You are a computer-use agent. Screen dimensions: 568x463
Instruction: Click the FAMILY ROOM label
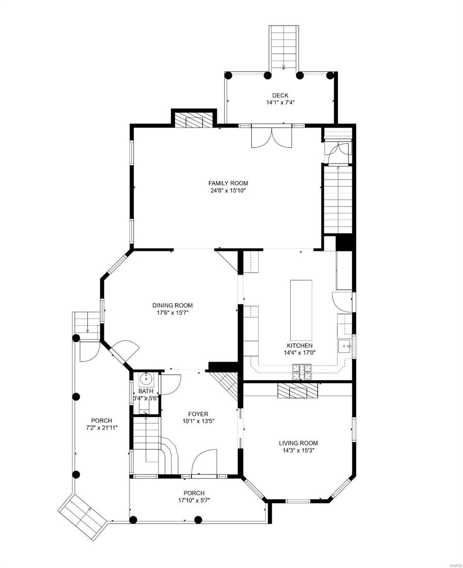pos(228,183)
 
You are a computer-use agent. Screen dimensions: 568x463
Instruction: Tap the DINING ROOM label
pos(172,305)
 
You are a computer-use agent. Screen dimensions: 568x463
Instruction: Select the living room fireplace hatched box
pos(297,391)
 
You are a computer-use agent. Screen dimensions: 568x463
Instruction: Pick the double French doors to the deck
pos(272,138)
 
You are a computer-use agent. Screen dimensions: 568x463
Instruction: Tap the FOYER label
pos(197,414)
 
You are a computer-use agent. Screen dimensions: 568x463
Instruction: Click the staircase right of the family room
pos(338,199)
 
